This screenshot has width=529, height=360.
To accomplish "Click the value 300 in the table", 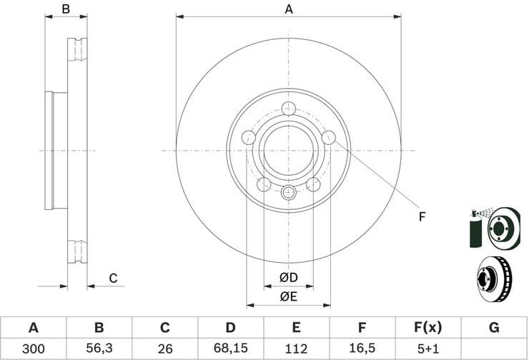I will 33,349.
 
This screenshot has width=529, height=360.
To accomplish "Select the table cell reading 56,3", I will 99,349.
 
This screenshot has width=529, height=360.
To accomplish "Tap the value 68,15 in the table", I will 231,349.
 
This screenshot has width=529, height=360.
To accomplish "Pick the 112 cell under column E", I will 297,349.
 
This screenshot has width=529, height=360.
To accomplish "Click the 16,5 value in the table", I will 362,349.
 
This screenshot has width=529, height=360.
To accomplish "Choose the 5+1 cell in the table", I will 428,349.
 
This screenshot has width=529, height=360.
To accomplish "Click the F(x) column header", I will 428,328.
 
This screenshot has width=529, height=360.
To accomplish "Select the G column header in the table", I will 494,328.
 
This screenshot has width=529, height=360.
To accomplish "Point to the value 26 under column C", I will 165,349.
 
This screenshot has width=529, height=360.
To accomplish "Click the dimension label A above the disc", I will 289,9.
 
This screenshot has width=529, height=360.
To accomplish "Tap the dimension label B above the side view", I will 66,9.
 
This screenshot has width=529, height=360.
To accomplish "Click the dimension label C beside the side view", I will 113,279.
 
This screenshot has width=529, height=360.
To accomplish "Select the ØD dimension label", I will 288,277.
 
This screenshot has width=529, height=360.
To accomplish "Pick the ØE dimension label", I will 288,296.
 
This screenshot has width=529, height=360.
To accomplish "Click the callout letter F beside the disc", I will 422,216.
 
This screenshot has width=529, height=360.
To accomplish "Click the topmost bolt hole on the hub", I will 289,109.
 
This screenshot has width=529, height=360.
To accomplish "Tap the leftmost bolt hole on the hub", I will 249,137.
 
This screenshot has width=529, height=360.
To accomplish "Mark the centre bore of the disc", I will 289,150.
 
